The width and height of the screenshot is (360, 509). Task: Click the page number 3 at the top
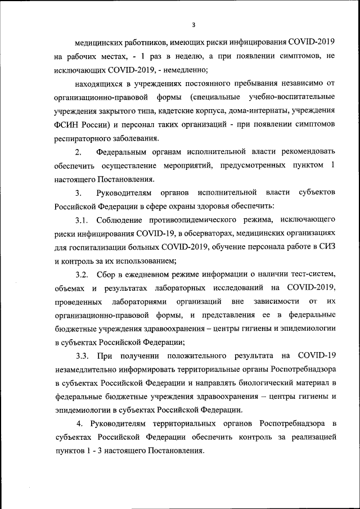click(193, 25)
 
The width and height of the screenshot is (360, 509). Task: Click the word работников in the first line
click(135, 42)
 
